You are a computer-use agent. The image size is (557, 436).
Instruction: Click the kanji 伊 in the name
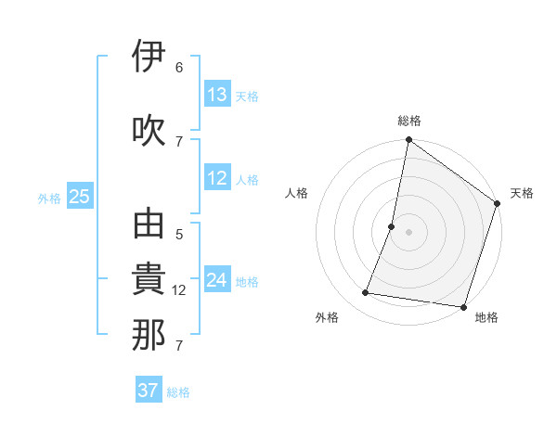click(x=149, y=57)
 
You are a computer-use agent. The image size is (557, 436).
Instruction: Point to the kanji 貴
click(x=149, y=281)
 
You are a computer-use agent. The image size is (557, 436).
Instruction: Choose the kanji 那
click(x=149, y=335)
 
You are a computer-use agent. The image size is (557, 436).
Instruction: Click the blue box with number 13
click(x=217, y=95)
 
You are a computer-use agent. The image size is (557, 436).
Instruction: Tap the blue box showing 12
click(x=217, y=179)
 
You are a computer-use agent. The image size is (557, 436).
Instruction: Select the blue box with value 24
click(x=217, y=280)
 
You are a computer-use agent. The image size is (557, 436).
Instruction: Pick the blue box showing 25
click(x=79, y=197)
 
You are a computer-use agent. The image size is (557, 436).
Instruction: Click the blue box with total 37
click(x=148, y=391)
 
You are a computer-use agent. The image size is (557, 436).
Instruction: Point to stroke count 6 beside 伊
click(x=179, y=68)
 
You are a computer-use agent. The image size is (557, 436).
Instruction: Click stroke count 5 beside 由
click(x=179, y=236)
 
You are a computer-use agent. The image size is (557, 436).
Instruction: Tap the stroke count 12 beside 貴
click(x=181, y=290)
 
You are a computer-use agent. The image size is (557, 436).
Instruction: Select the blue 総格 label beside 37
click(x=178, y=392)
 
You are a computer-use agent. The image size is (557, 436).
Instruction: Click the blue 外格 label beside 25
click(x=49, y=198)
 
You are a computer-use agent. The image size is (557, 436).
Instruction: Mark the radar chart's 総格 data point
click(x=408, y=141)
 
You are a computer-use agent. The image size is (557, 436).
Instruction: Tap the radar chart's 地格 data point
click(x=463, y=307)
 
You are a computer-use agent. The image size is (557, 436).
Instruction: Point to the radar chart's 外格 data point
click(x=366, y=293)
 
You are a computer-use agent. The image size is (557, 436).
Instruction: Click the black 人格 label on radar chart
click(x=297, y=193)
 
